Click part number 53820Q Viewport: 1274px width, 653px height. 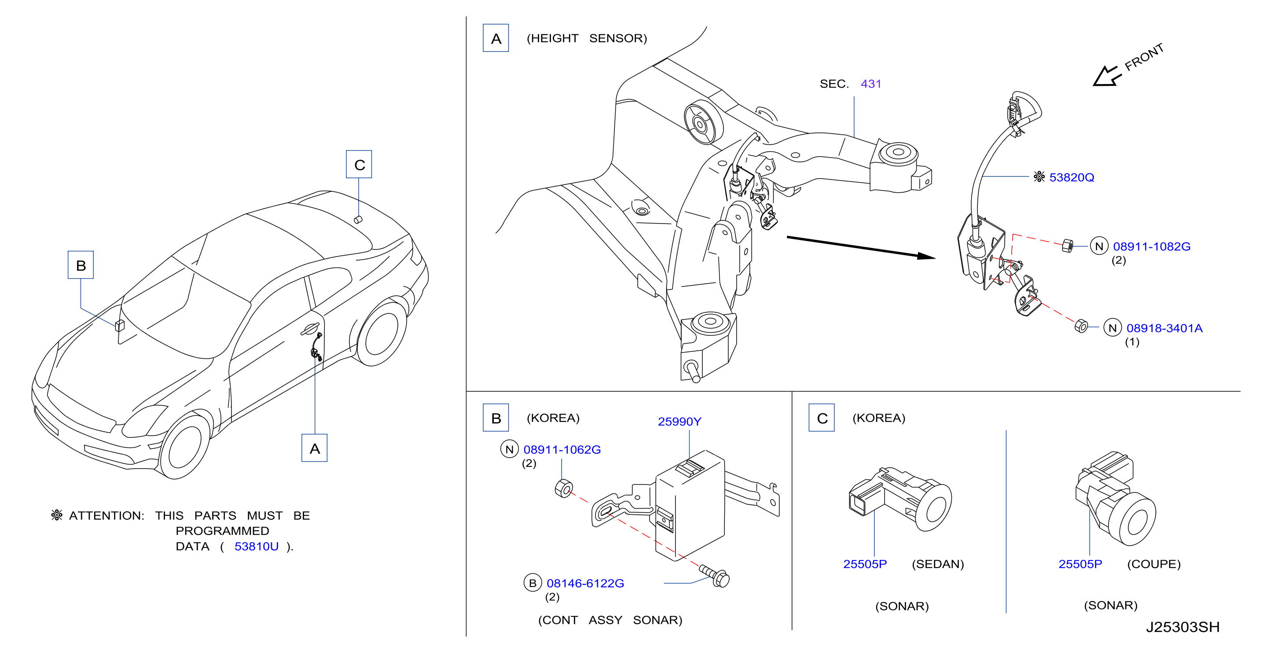(x=1071, y=177)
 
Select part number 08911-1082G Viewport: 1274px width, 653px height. (x=1151, y=246)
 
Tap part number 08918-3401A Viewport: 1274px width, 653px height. (x=1164, y=328)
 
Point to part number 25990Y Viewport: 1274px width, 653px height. (x=679, y=422)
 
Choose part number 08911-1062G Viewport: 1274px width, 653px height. (x=562, y=450)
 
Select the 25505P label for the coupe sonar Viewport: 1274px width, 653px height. (x=1079, y=564)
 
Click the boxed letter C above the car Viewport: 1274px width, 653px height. (x=359, y=165)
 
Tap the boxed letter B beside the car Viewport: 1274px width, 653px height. (x=81, y=265)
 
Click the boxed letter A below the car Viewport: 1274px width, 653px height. (x=315, y=448)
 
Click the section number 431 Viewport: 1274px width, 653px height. (x=871, y=84)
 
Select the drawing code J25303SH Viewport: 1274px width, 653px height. (x=1182, y=627)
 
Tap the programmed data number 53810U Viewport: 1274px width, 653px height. (x=256, y=546)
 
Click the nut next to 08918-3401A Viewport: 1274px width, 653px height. (x=1081, y=326)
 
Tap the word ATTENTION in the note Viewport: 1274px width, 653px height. (x=106, y=515)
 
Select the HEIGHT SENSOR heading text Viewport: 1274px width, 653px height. (x=587, y=38)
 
